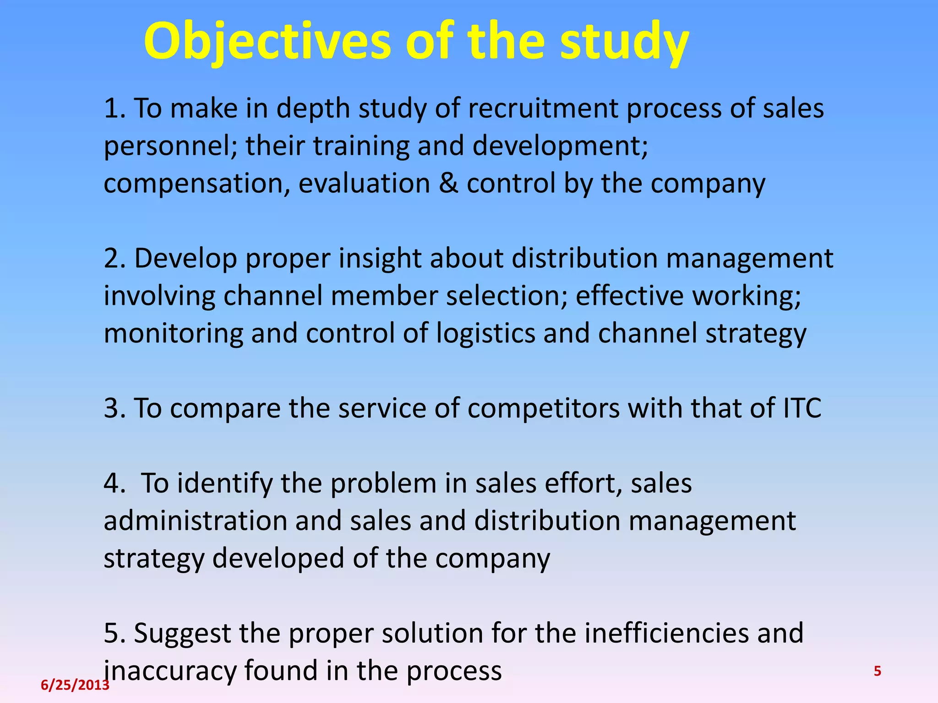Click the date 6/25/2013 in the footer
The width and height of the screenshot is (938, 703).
tap(75, 685)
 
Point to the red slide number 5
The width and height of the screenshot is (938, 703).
tap(878, 671)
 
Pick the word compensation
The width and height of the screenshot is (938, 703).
tap(196, 184)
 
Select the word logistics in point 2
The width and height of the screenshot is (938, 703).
tap(485, 333)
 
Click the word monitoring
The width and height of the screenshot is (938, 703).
tap(173, 333)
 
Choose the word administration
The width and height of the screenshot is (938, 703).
tap(195, 521)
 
